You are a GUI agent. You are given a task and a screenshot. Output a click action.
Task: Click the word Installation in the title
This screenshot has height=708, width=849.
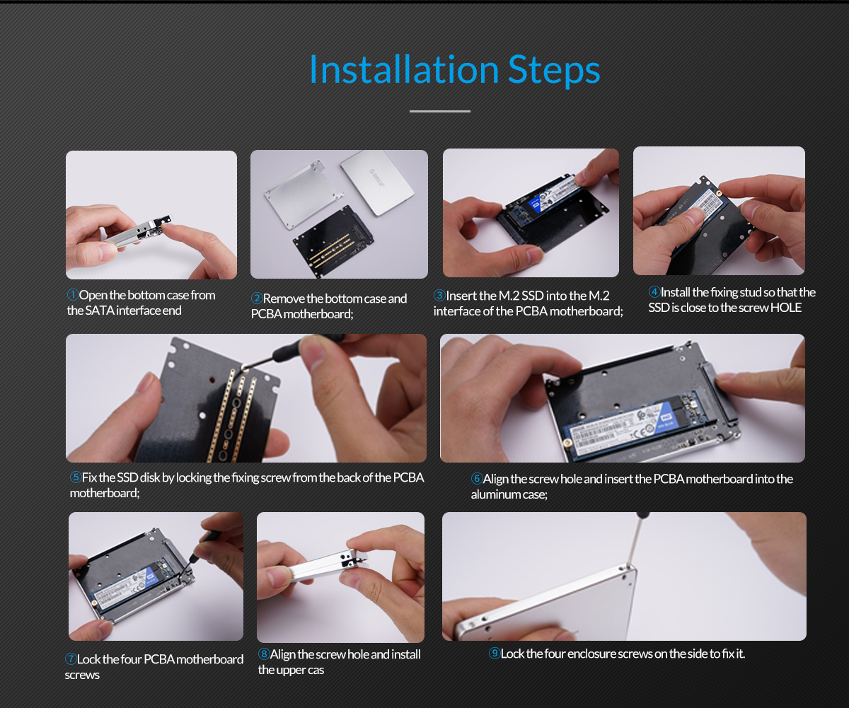click(404, 69)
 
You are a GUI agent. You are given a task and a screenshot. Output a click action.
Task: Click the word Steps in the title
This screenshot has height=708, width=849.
click(554, 71)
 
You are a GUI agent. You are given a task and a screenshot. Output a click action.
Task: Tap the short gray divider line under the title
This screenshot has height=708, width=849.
click(440, 111)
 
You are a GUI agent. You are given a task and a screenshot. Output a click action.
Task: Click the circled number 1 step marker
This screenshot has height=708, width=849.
click(72, 294)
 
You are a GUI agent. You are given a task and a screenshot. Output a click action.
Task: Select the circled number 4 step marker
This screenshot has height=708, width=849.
click(654, 291)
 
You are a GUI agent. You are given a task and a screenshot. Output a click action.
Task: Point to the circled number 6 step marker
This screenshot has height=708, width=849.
click(477, 478)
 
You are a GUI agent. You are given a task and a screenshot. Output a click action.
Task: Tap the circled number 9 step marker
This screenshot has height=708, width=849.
click(494, 653)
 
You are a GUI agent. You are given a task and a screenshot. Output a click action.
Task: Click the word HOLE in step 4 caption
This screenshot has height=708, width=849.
click(786, 308)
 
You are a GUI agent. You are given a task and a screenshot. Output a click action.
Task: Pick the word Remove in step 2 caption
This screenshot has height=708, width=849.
click(284, 298)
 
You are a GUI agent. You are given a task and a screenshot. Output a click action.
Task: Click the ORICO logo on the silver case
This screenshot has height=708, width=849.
click(377, 178)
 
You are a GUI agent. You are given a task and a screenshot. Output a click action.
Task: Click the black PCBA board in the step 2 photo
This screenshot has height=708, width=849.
click(333, 241)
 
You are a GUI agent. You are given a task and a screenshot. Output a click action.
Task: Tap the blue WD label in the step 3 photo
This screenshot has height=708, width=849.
click(535, 204)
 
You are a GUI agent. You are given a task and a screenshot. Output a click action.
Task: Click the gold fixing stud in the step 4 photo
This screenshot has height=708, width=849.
click(719, 194)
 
